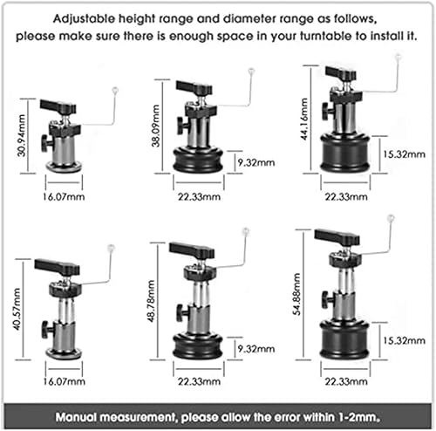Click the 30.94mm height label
coord(21,135)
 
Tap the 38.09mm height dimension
coord(155,126)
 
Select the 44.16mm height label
coord(304,120)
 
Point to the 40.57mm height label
coord(17,309)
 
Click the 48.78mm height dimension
coord(151,301)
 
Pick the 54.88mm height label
coord(296,294)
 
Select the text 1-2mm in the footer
coord(359,417)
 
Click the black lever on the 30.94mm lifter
coord(58,106)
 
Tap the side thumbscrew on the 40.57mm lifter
coord(46,330)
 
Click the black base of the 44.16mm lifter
coord(345,154)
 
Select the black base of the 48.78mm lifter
coord(198,347)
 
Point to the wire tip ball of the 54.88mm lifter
coord(391,217)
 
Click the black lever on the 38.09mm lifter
coord(194,87)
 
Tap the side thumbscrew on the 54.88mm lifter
coord(327,300)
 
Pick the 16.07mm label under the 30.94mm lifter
coord(64,197)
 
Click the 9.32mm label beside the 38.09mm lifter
coord(256,162)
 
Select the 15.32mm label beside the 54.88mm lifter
coord(404,340)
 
